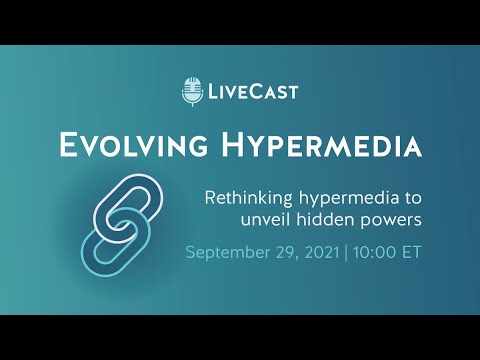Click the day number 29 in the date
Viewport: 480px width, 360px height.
coord(300,250)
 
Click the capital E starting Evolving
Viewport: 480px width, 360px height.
coord(70,145)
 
